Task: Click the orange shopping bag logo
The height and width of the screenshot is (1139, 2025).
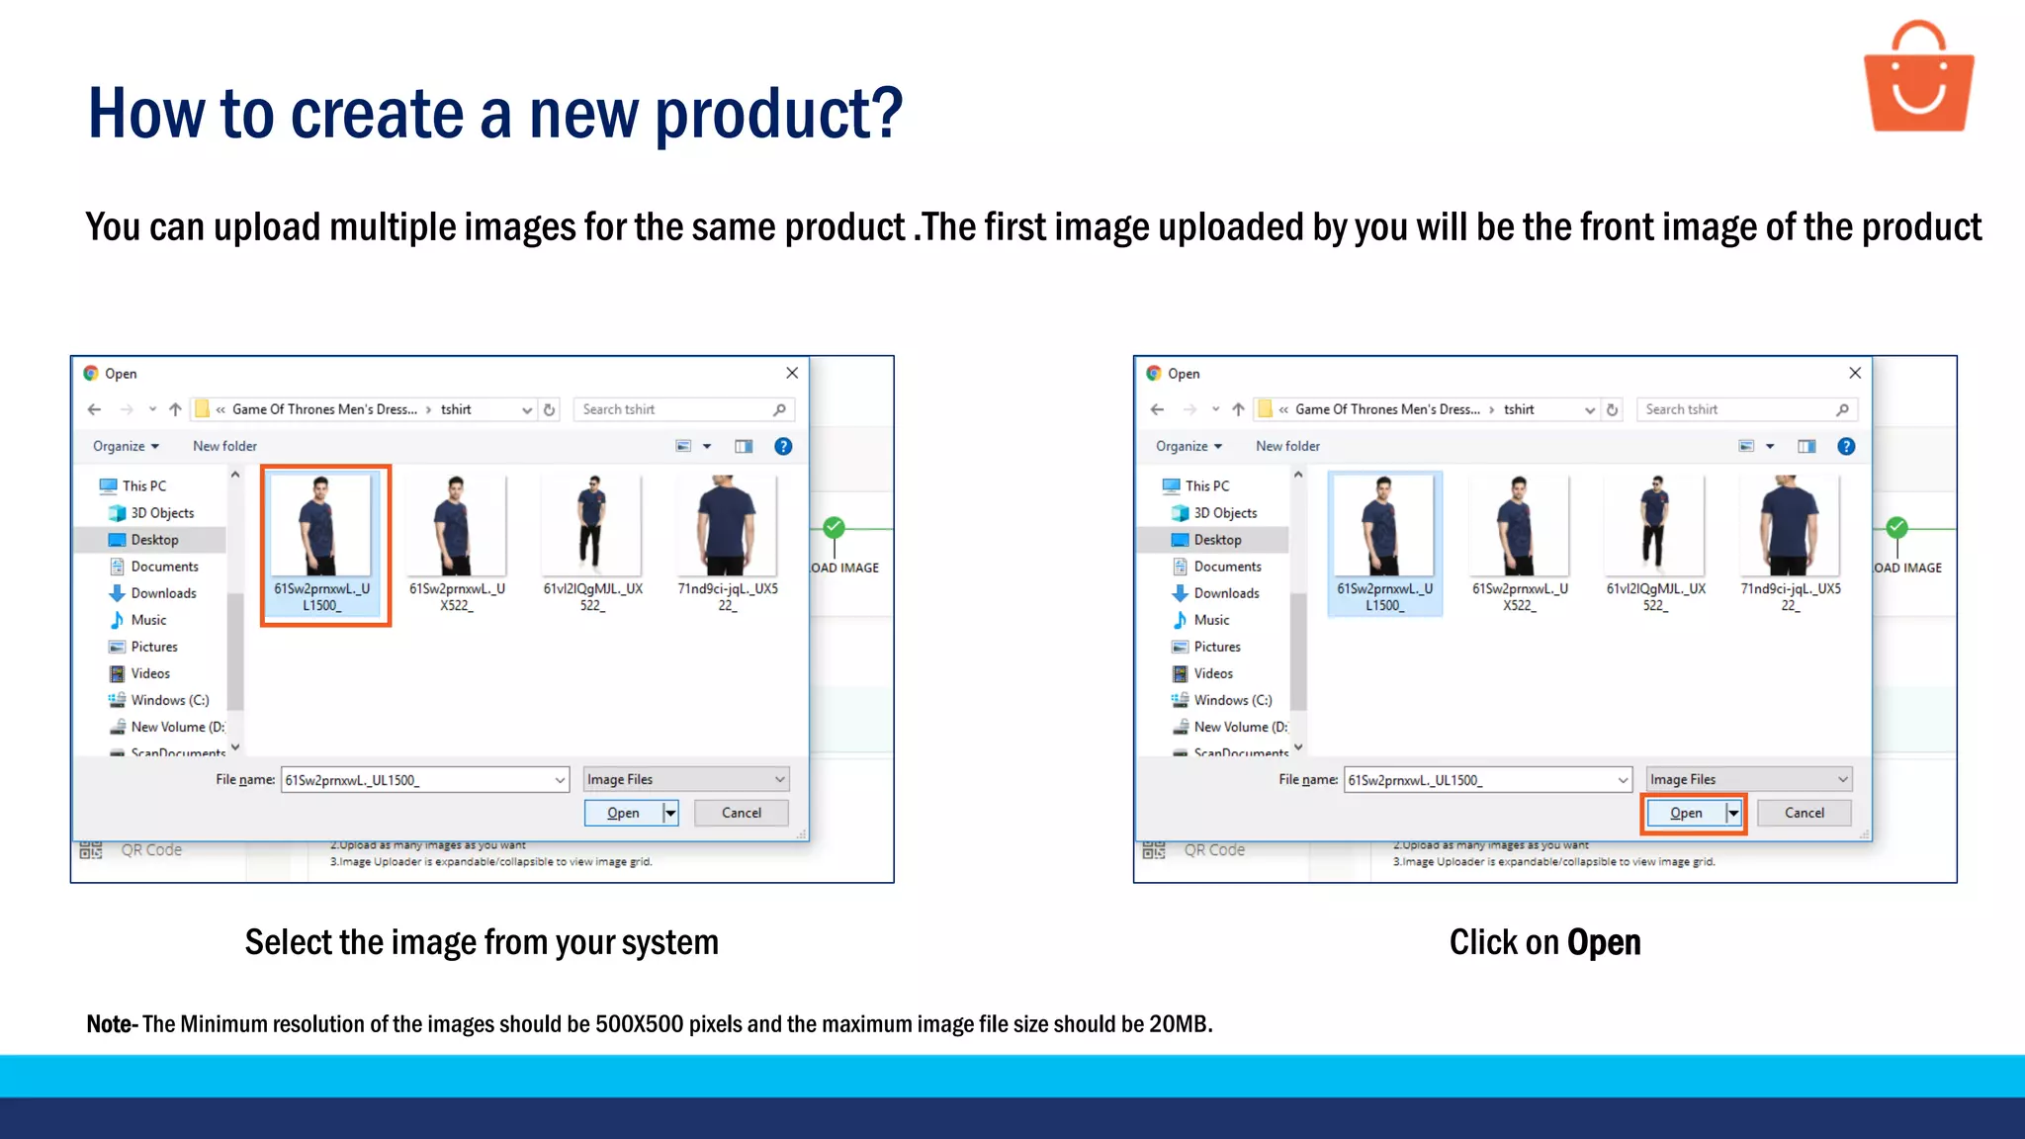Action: pos(1918,79)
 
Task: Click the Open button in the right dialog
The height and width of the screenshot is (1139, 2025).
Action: pos(1687,813)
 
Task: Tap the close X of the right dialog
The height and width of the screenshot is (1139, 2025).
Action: pos(1855,373)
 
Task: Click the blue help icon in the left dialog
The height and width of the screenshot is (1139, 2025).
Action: pos(783,446)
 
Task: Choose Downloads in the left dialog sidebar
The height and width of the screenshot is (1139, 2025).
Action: pos(163,593)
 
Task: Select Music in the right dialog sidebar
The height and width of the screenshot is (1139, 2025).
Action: pos(1211,620)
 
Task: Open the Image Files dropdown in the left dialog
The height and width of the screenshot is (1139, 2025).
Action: pos(686,780)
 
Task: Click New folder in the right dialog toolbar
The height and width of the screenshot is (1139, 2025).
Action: pos(1287,446)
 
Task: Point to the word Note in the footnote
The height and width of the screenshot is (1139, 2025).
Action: pos(109,1024)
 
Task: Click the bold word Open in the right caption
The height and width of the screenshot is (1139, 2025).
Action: pos(1604,942)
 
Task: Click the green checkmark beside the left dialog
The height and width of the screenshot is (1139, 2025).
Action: pos(835,527)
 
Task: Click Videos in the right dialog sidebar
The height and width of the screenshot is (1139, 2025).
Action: pos(1213,673)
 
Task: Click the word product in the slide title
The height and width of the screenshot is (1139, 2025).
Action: pos(778,114)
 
